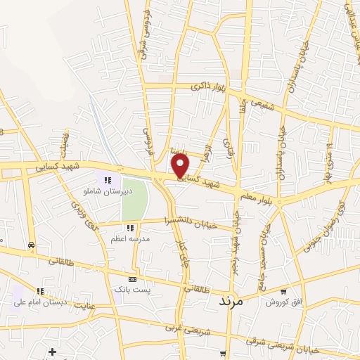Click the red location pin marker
[181, 166]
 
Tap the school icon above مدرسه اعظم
[129, 228]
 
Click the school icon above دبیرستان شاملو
[108, 180]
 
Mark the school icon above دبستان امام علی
[40, 291]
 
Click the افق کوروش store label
[281, 302]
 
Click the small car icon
[31, 245]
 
